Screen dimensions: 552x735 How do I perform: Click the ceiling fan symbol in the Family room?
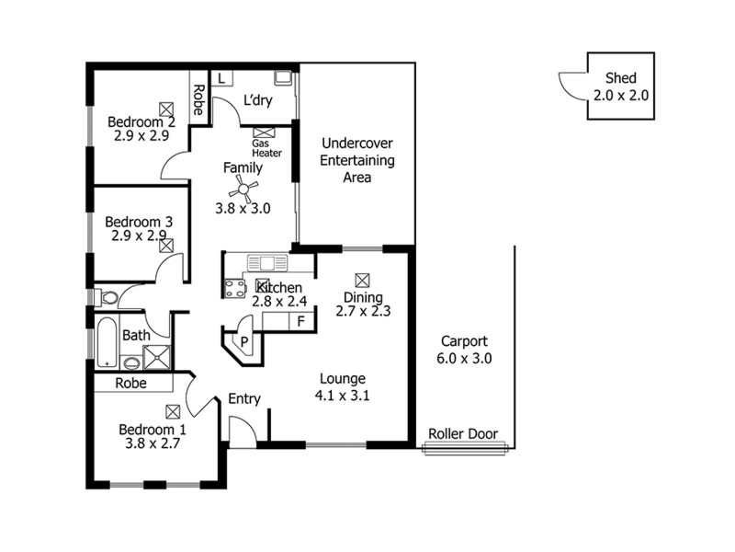tap(243, 190)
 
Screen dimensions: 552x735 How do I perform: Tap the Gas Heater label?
tap(266, 148)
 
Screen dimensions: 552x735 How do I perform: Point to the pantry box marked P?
tap(244, 340)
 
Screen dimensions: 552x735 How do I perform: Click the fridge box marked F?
tap(300, 321)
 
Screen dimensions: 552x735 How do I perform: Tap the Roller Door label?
tap(463, 434)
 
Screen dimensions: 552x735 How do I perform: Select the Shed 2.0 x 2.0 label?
tap(620, 86)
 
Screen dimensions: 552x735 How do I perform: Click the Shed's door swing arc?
tap(572, 84)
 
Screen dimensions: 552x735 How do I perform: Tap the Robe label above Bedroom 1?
tap(136, 383)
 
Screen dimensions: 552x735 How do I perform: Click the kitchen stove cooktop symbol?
tap(235, 287)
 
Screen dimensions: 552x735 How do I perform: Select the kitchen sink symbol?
tap(273, 263)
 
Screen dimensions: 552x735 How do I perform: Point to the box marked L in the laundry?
tap(222, 78)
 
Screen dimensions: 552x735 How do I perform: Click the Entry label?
tap(244, 398)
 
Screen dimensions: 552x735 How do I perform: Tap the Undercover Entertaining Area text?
tap(356, 160)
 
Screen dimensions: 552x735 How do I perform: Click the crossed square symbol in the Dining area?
tap(362, 279)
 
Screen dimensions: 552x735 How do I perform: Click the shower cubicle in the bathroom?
tap(158, 355)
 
